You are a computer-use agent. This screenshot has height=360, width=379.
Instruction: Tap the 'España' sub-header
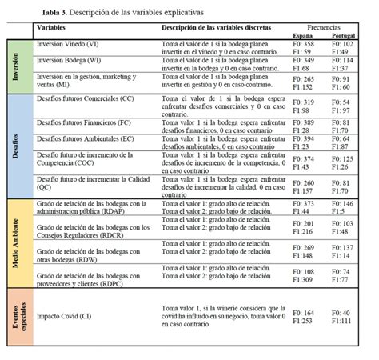click(x=301, y=36)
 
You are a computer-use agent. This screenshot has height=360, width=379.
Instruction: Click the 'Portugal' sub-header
click(x=349, y=36)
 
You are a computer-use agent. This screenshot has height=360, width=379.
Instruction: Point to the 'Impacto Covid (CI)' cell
click(x=64, y=316)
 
